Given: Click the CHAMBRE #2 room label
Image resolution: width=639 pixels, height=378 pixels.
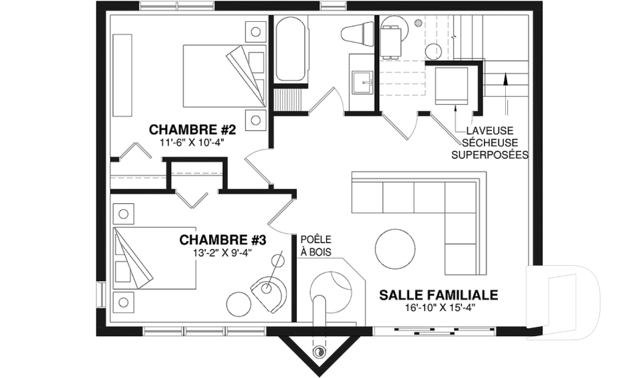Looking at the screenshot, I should (190, 128).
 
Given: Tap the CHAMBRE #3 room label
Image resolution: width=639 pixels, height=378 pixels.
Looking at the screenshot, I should (223, 238).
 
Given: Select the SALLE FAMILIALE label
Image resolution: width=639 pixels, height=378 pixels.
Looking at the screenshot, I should (439, 294).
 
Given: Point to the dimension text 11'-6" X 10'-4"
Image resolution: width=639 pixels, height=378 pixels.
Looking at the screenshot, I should (190, 142).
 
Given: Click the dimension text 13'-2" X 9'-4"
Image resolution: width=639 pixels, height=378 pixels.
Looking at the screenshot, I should (223, 252).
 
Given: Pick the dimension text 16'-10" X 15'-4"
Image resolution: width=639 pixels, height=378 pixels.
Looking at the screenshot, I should (439, 308).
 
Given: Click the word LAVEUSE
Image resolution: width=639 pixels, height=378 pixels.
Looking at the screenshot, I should (490, 131).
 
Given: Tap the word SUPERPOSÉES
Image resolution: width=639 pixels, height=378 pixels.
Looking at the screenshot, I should (490, 155).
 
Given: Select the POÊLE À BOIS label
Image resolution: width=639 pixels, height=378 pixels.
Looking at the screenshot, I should (316, 245).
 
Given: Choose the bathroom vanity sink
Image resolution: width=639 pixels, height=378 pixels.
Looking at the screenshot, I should (363, 82).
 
